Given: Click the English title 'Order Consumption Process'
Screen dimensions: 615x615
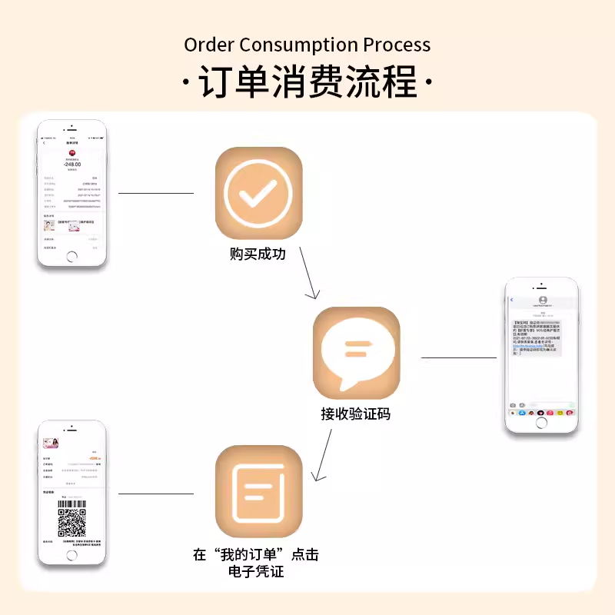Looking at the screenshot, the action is (307, 44).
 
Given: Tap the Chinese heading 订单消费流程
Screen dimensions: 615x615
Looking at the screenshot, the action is (307, 81).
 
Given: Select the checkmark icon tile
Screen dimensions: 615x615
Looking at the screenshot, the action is (258, 193).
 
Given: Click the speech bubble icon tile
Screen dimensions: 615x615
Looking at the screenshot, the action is (356, 351).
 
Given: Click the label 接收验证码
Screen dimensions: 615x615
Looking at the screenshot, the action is (355, 414).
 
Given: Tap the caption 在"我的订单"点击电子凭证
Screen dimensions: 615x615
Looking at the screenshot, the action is (255, 563).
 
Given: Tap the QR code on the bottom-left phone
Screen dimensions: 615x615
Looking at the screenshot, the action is (71, 523).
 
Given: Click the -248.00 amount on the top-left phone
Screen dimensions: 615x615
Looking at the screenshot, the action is (72, 165).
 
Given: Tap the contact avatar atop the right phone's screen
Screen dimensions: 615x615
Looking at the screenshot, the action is (543, 300).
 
